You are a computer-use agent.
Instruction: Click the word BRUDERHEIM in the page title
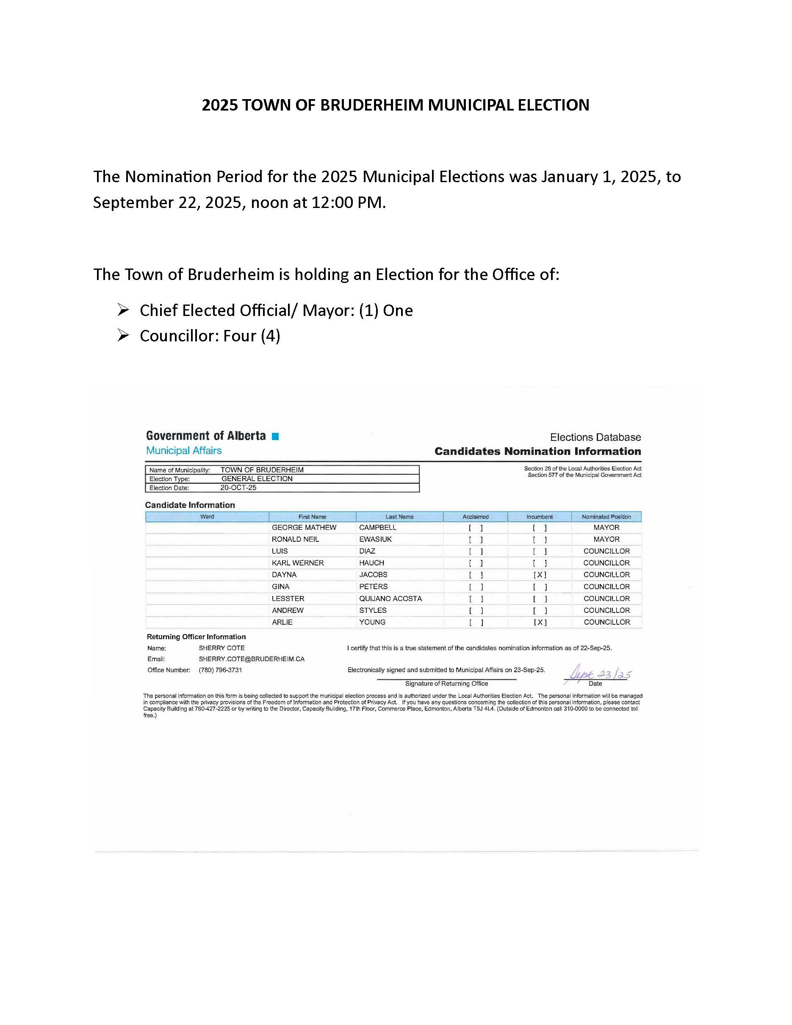(371, 105)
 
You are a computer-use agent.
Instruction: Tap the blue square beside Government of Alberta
(275, 436)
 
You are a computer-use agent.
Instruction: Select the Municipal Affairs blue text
(183, 451)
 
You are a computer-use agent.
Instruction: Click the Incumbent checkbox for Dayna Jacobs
(540, 575)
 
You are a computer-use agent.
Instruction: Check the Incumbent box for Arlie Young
(540, 622)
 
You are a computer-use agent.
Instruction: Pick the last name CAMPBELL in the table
(378, 527)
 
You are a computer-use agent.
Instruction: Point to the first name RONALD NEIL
(295, 539)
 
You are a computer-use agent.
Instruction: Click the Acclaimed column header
(475, 517)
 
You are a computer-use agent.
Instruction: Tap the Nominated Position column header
(606, 517)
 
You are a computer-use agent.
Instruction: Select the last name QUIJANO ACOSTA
(390, 598)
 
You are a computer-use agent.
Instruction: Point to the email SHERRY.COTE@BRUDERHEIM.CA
(252, 659)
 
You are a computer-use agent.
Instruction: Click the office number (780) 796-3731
(220, 670)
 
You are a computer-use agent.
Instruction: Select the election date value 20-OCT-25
(238, 488)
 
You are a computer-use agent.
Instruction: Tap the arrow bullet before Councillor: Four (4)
(123, 335)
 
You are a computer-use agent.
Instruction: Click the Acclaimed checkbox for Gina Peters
(476, 587)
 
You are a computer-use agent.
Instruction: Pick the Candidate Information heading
(190, 505)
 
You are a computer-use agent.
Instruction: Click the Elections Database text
(595, 438)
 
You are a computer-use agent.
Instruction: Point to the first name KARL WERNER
(297, 563)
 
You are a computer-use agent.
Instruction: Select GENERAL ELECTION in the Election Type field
(257, 479)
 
